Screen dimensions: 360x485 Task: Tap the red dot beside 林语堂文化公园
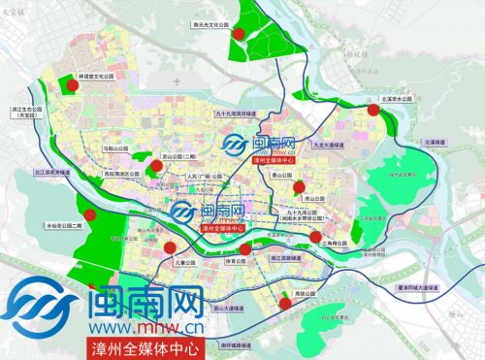(75, 87)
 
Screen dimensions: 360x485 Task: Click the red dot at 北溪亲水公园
(372, 111)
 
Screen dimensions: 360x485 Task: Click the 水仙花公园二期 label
(67, 225)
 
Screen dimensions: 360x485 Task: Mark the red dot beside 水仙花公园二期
(90, 215)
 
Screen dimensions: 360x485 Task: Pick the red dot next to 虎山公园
(301, 188)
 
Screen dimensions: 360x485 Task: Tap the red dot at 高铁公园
(284, 303)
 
